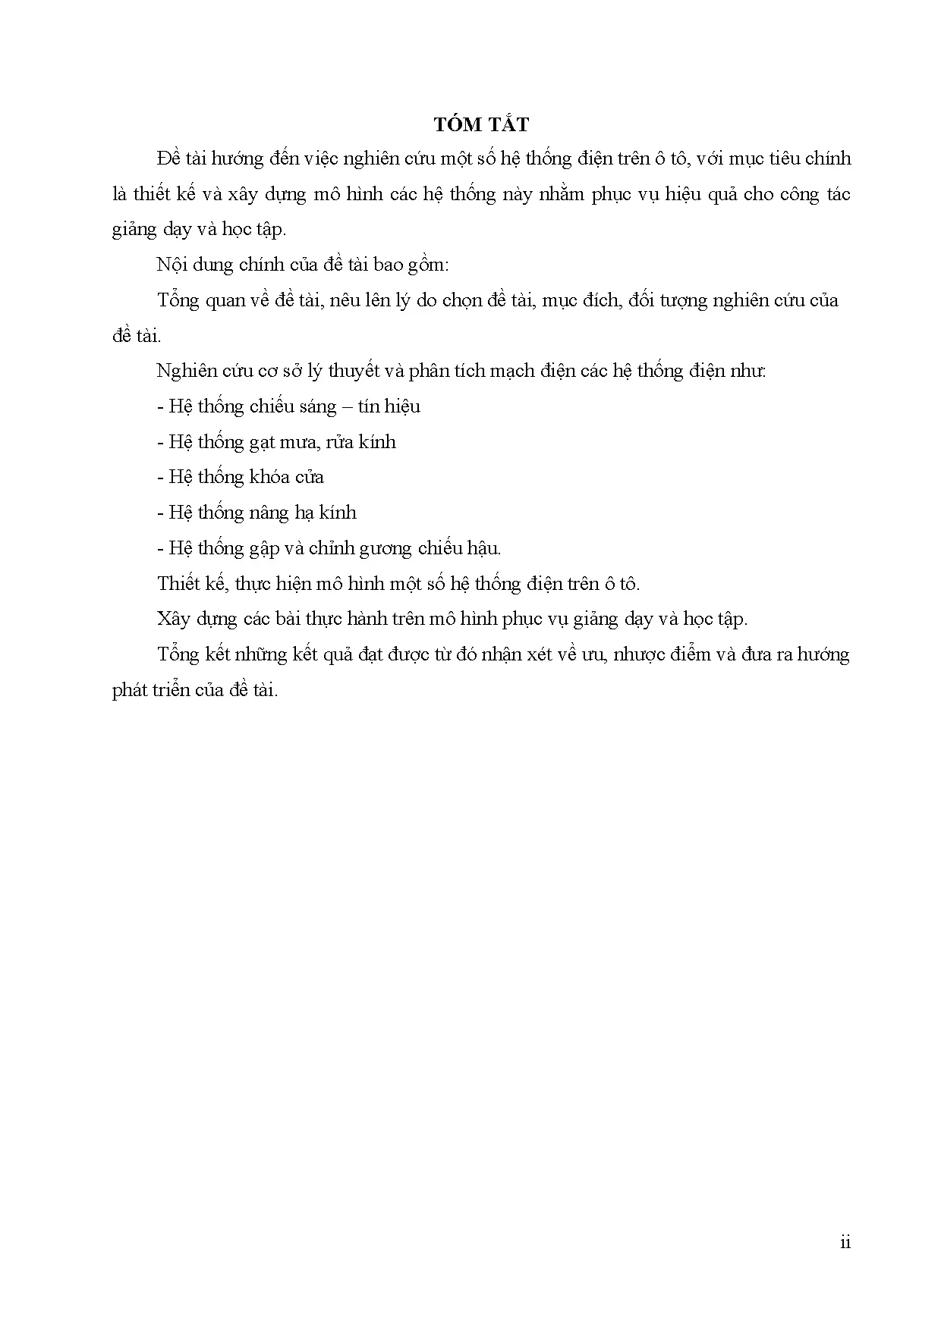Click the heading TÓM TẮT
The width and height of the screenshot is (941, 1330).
[x=481, y=124]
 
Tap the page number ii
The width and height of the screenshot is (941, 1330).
[x=845, y=1242]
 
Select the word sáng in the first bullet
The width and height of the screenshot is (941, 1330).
[x=317, y=406]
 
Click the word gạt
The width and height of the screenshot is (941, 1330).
[x=265, y=442]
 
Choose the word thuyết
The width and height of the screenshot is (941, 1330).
[x=340, y=372]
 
